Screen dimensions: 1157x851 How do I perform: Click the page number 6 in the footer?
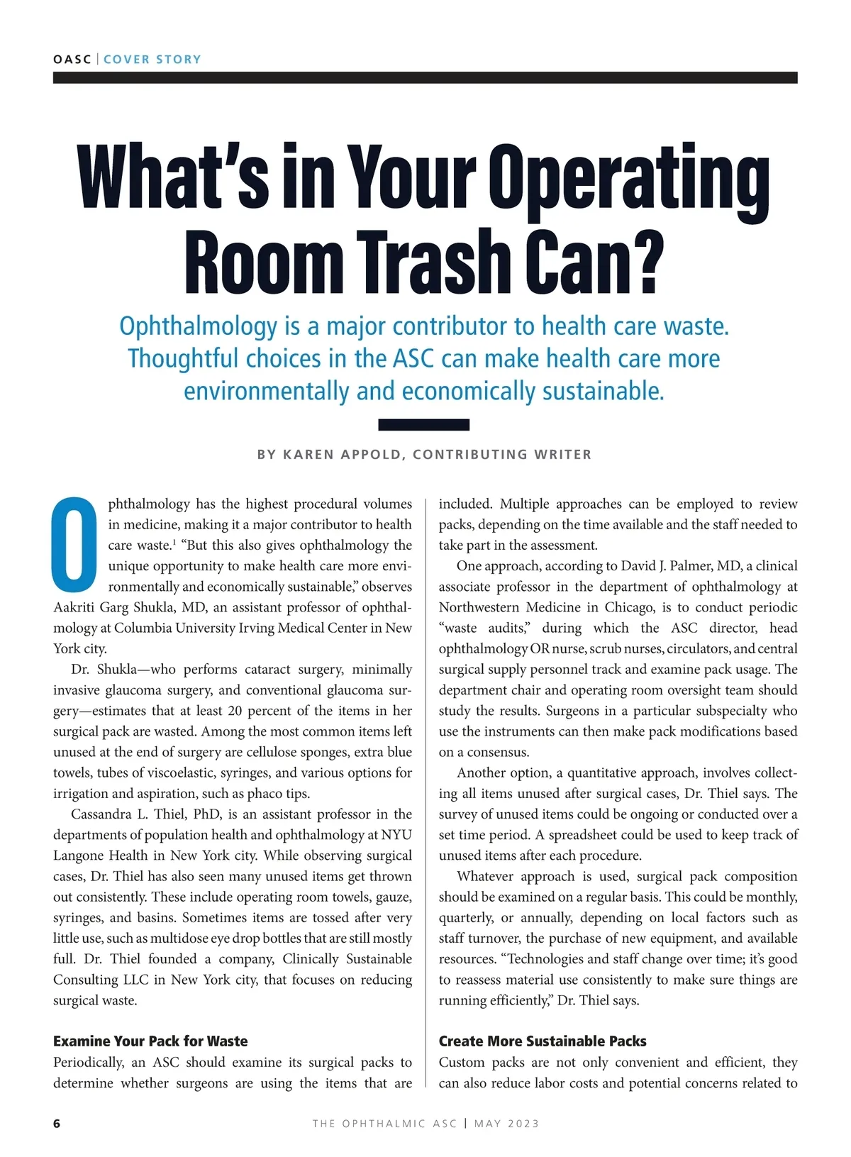[57, 1124]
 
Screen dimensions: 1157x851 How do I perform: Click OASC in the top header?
[72, 60]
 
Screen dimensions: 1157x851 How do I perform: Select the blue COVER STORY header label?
[152, 60]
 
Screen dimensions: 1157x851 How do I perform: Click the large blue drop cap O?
[74, 544]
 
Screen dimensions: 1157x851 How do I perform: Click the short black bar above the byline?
[423, 425]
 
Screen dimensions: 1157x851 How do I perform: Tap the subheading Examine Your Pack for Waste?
[150, 1041]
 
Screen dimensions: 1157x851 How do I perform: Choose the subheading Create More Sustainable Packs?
[543, 1041]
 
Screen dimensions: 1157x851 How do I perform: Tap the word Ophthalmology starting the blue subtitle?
[198, 326]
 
